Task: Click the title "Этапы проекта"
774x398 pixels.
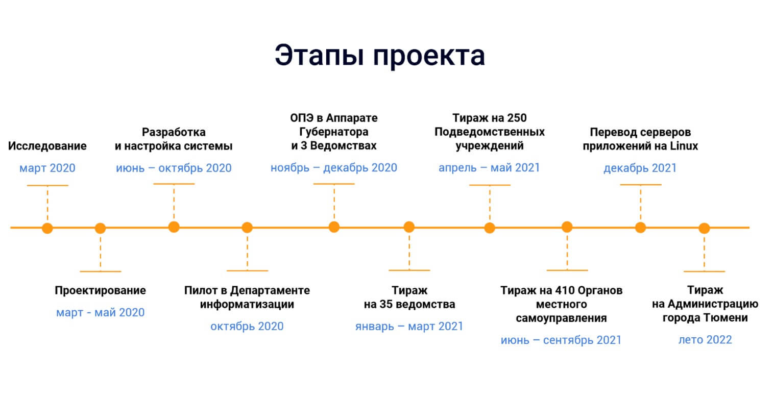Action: [x=380, y=55]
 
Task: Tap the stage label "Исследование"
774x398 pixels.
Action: [x=47, y=146]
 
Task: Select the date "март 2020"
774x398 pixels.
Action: [x=47, y=168]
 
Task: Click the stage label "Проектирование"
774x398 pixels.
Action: [x=100, y=291]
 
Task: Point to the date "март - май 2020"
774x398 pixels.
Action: [x=100, y=312]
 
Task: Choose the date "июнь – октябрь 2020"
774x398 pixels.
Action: [x=174, y=168]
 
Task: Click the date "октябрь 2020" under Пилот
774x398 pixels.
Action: [x=247, y=326]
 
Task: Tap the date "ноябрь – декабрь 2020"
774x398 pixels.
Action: [x=334, y=168]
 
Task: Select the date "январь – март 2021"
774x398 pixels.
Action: [x=409, y=326]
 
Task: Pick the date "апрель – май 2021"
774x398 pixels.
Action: [x=489, y=168]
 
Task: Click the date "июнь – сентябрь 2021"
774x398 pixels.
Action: [x=561, y=340]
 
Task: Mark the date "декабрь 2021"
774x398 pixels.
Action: [x=640, y=168]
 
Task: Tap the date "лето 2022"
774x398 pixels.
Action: [x=705, y=340]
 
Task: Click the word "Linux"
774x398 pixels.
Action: [x=684, y=146]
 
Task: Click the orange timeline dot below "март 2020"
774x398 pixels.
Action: [x=47, y=228]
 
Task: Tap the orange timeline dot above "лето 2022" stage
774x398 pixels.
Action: [x=704, y=228]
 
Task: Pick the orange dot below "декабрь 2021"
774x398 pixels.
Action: [x=640, y=228]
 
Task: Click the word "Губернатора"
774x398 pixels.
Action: [x=334, y=132]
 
